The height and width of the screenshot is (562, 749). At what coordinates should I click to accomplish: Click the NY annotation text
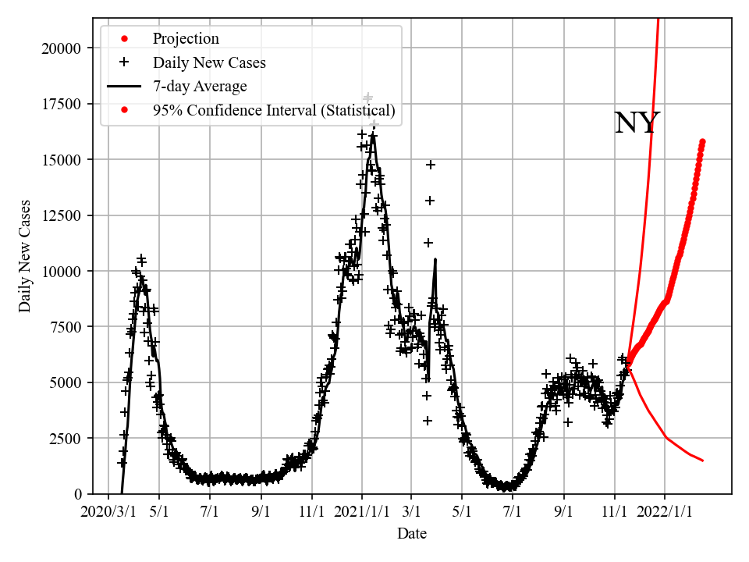pyautogui.click(x=637, y=123)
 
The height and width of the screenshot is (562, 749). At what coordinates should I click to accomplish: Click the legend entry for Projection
pyautogui.click(x=186, y=39)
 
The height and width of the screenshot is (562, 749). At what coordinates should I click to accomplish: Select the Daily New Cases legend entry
pyautogui.click(x=209, y=62)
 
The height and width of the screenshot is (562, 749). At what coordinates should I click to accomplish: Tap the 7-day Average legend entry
pyautogui.click(x=200, y=87)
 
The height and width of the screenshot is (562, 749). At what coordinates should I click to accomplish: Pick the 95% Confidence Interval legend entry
pyautogui.click(x=274, y=111)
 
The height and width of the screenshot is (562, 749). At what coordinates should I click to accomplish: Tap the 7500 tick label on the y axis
pyautogui.click(x=66, y=327)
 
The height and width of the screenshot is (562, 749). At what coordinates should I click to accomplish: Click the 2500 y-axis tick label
pyautogui.click(x=66, y=439)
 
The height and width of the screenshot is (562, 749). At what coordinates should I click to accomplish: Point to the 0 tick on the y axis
pyautogui.click(x=77, y=494)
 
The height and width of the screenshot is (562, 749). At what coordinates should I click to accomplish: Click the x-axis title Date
pyautogui.click(x=411, y=534)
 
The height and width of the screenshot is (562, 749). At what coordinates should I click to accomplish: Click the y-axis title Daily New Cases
pyautogui.click(x=26, y=256)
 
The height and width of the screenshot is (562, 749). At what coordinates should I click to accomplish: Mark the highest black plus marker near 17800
pyautogui.click(x=368, y=98)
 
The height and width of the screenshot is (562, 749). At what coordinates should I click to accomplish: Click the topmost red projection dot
pyautogui.click(x=702, y=141)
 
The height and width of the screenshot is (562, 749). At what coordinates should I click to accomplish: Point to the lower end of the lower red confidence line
pyautogui.click(x=702, y=461)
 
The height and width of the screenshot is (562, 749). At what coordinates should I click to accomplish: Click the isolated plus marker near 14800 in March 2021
pyautogui.click(x=431, y=165)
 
